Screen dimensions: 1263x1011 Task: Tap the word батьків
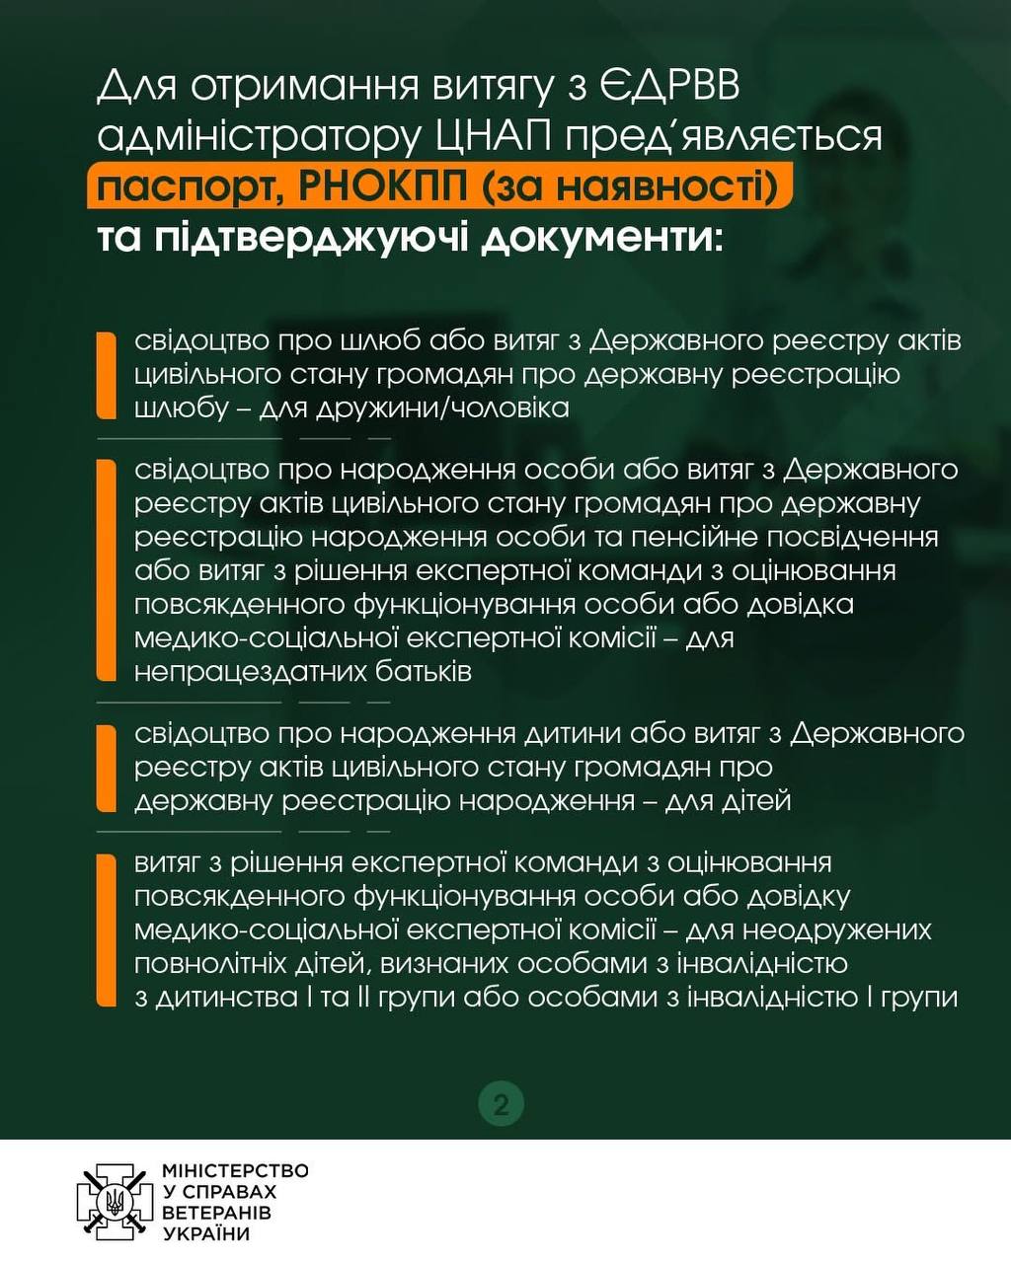[427, 672]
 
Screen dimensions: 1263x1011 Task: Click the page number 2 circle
[501, 1103]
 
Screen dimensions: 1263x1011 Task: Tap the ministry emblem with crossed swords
[116, 1202]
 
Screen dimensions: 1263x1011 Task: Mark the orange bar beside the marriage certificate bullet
[107, 375]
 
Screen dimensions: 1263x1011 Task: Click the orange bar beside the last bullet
[107, 929]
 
